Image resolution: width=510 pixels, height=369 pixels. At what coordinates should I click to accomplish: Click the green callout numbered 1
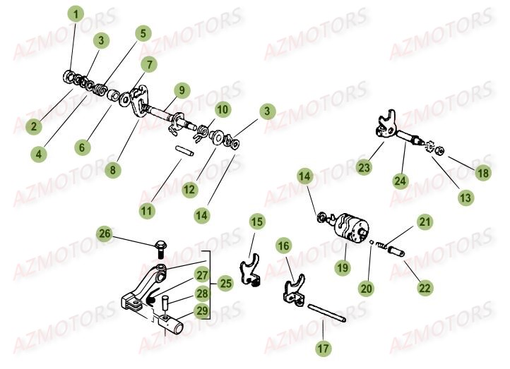point(76,13)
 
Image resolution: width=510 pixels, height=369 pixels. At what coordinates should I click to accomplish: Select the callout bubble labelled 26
point(104,234)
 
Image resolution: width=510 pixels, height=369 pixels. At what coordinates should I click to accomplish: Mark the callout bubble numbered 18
point(482,174)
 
